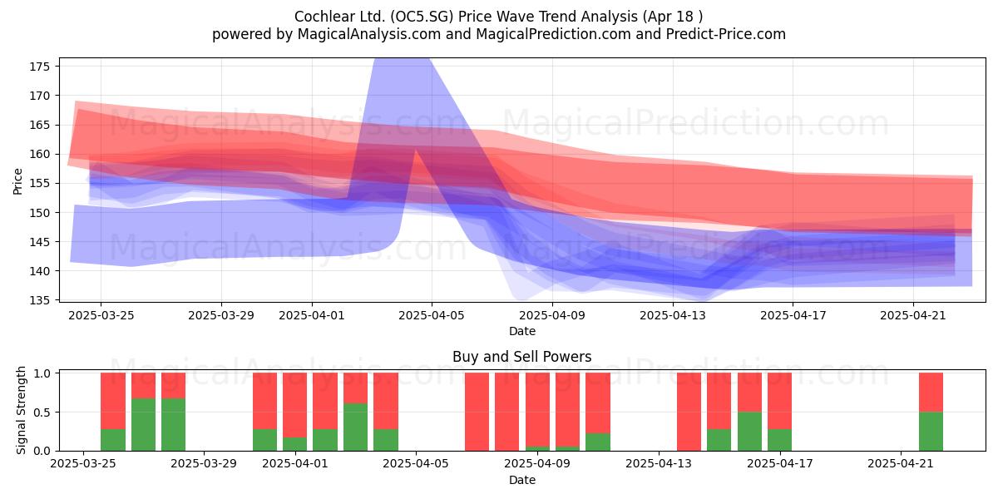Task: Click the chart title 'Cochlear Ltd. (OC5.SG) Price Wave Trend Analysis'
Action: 466,17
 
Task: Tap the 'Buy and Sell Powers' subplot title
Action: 521,357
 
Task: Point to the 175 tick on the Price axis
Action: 40,67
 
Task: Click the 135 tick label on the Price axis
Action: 40,300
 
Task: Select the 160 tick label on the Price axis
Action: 40,154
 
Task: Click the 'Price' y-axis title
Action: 17,181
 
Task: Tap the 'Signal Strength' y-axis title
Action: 21,410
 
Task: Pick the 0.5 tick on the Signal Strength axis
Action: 42,413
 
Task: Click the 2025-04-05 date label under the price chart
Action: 432,315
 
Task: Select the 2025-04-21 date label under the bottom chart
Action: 901,463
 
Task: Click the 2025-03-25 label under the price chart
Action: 101,315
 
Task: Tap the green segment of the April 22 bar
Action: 931,432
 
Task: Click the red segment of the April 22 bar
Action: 931,392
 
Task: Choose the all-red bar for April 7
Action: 477,412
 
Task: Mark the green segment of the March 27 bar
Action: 143,425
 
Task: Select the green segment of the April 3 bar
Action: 356,427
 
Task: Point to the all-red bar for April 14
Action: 689,412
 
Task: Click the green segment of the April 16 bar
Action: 749,432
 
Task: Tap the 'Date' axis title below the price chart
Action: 522,331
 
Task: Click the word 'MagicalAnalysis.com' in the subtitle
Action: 369,34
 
